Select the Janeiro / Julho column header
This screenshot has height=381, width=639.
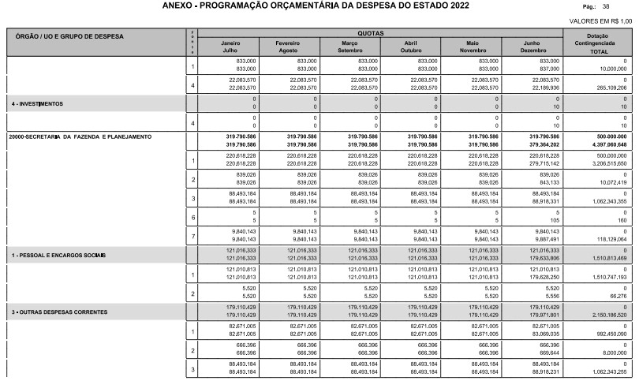click(230, 46)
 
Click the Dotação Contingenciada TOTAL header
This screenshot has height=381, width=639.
click(603, 44)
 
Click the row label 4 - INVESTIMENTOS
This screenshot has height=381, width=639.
click(36, 103)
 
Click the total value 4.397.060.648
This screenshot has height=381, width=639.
click(607, 144)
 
